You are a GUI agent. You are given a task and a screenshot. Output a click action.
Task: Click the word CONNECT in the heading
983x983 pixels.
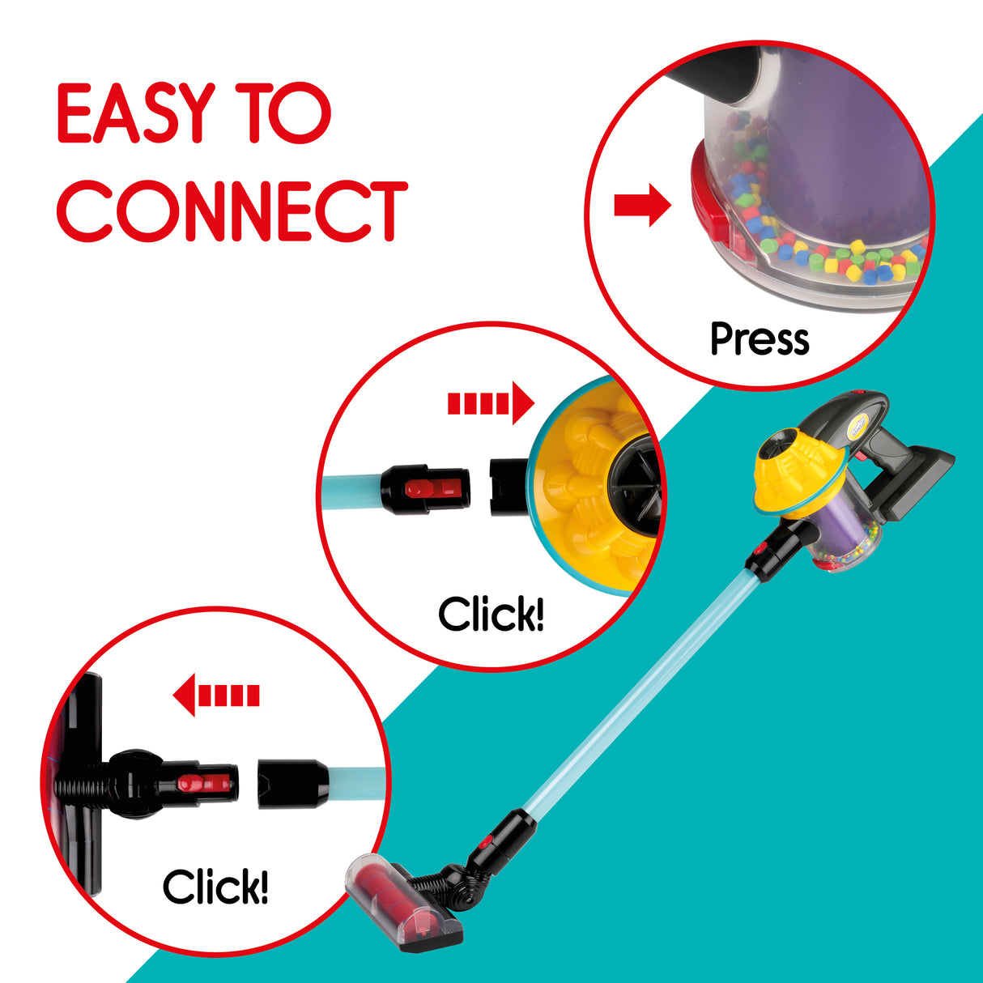click(232, 211)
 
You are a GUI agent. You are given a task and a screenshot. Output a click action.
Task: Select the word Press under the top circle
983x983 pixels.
click(760, 339)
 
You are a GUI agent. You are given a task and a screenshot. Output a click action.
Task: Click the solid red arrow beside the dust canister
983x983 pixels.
click(643, 205)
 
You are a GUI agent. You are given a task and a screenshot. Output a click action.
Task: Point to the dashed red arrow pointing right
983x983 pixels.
click(491, 403)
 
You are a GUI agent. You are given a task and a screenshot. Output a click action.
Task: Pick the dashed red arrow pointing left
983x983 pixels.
click(216, 695)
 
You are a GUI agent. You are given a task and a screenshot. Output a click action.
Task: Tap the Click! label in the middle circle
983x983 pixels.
click(491, 614)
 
